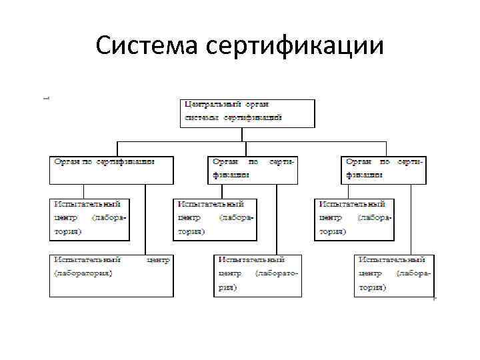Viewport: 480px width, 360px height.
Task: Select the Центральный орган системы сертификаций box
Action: [247, 113]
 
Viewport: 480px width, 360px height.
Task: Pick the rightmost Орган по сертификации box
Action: [385, 170]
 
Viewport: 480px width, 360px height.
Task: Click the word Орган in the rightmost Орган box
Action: [359, 162]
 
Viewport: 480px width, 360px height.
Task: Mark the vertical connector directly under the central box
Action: [245, 134]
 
